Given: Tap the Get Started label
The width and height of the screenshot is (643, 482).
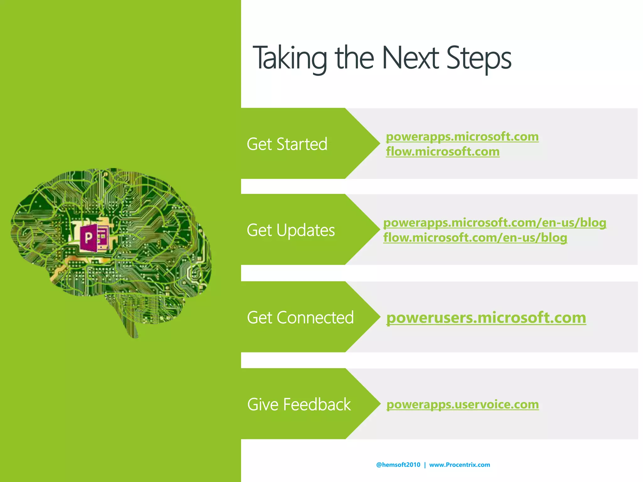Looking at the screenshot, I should pos(287,144).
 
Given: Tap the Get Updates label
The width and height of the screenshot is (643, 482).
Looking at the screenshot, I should pos(291,230).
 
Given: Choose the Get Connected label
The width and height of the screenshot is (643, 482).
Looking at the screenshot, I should pos(300,317).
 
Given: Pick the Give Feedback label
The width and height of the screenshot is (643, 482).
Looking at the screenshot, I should pos(299,404).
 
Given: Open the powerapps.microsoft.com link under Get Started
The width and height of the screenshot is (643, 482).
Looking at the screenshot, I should pos(462,137).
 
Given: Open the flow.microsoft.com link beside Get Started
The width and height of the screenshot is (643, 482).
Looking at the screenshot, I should pos(443,152).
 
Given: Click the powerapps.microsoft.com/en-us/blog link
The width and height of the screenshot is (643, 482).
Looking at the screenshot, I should pos(494,223).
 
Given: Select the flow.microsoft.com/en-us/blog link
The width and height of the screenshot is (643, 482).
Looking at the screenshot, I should pos(475,238).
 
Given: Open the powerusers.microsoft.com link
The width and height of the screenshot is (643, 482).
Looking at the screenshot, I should pos(486,318).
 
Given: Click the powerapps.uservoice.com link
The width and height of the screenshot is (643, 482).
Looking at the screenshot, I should pos(462,404).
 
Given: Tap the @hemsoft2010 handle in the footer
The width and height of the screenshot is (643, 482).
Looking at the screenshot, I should pos(398,465).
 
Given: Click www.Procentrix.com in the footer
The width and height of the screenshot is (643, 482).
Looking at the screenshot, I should pos(459,465).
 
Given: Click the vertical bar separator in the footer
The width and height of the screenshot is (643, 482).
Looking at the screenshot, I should pos(425,465).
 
